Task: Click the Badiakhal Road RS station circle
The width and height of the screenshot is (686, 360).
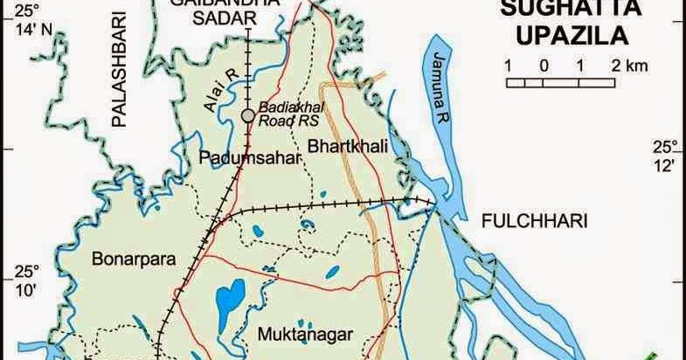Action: tap(248, 115)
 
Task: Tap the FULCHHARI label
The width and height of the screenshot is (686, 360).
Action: tap(534, 221)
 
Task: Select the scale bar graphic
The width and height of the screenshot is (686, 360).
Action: tap(560, 82)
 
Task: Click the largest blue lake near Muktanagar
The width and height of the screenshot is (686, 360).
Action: tap(230, 300)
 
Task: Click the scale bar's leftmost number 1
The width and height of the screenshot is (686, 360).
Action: tap(508, 66)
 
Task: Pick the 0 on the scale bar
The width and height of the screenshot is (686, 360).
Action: tap(543, 66)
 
